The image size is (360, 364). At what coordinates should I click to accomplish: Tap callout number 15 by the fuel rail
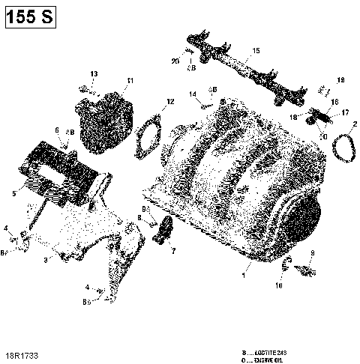(256, 50)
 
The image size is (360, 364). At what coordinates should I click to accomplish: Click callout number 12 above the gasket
(170, 101)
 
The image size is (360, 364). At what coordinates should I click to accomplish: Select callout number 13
(94, 73)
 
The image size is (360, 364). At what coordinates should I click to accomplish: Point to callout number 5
(14, 194)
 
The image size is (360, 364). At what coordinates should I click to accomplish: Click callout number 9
(313, 253)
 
